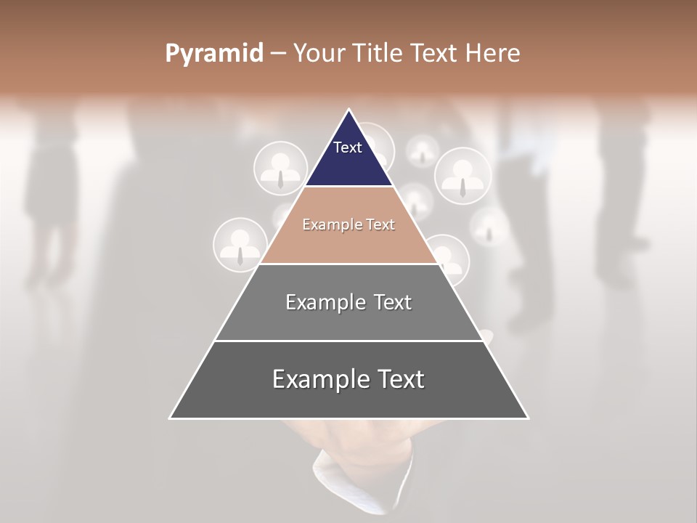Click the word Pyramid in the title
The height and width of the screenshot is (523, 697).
[213, 54]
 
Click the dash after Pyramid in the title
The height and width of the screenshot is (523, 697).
[278, 54]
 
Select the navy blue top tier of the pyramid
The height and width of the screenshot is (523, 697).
[348, 163]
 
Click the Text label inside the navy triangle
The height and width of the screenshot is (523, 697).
[348, 147]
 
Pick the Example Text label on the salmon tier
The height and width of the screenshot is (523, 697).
[348, 224]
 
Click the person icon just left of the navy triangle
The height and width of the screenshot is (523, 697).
[280, 168]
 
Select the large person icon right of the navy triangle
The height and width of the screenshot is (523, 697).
[462, 176]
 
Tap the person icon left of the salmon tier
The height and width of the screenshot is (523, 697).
[240, 245]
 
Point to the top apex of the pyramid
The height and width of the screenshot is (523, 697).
[348, 110]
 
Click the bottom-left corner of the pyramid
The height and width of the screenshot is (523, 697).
[171, 418]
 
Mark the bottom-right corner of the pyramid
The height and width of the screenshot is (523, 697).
[527, 418]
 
